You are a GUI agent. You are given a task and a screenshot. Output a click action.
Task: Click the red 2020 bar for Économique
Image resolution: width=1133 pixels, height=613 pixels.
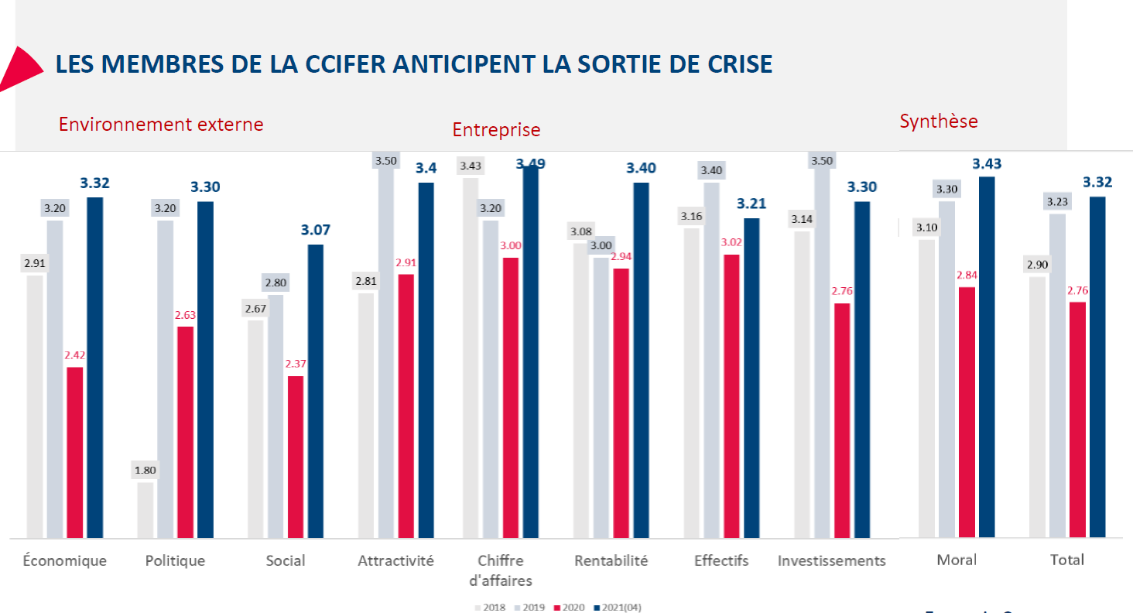click(x=74, y=452)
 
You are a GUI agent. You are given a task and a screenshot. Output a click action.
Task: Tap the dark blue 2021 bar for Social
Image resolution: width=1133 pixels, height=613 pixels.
click(x=316, y=391)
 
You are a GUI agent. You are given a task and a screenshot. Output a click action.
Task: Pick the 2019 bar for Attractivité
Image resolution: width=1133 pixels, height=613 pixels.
click(x=386, y=348)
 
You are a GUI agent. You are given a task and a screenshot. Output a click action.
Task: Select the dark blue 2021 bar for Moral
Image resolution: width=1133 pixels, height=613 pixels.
click(x=987, y=357)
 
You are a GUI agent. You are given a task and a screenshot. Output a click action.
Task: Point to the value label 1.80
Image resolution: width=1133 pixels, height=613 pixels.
click(x=145, y=470)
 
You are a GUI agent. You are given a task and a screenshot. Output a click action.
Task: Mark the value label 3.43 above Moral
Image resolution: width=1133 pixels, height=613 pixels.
click(x=987, y=163)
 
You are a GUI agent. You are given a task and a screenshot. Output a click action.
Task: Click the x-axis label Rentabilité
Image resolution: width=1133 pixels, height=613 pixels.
click(x=611, y=560)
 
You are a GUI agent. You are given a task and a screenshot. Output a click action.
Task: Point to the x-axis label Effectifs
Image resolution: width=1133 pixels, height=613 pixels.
click(x=721, y=560)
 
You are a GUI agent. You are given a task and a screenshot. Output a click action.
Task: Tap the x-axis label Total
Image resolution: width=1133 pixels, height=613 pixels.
click(x=1067, y=560)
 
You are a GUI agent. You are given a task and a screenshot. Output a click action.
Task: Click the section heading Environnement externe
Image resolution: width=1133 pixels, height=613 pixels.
click(x=161, y=124)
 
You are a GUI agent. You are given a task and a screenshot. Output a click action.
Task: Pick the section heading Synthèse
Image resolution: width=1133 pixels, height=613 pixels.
click(x=939, y=121)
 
